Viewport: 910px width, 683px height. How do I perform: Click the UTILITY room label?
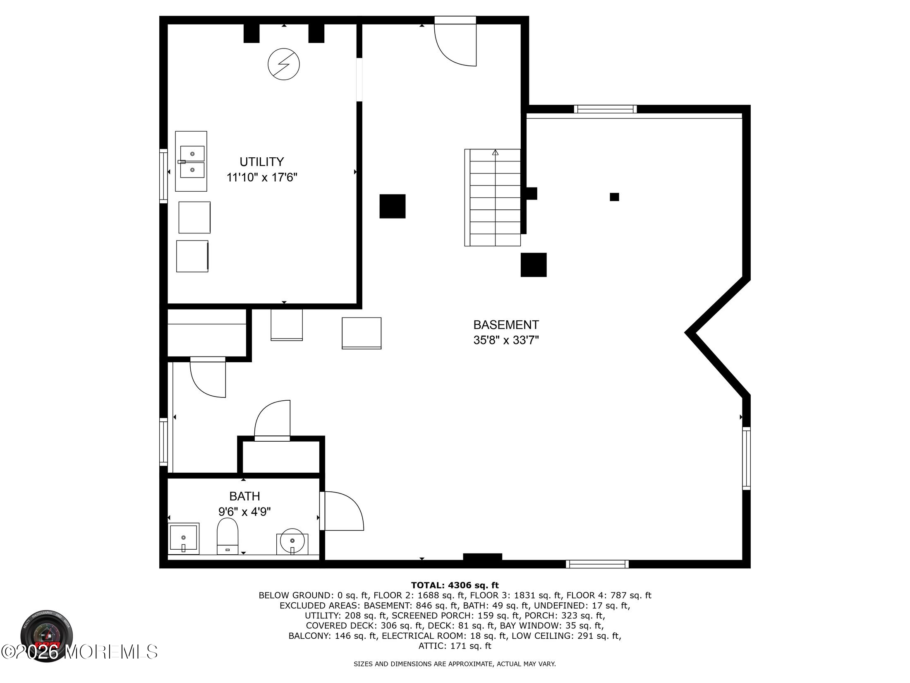(262, 161)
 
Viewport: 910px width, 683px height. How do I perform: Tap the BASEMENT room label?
(506, 325)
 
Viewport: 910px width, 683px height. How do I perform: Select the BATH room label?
(244, 496)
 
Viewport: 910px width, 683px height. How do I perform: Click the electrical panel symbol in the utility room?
(284, 65)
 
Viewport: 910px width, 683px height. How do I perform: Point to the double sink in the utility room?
(191, 161)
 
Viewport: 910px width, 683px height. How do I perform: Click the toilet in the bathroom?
(227, 536)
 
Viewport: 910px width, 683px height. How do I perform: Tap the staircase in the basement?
(493, 198)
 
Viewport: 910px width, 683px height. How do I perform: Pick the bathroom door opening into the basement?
(342, 511)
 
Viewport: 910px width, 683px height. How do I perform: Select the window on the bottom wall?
(597, 564)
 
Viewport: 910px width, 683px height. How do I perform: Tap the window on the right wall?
(746, 458)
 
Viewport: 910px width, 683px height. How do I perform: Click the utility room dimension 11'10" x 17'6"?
(262, 178)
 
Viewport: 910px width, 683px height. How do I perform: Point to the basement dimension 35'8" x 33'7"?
(506, 340)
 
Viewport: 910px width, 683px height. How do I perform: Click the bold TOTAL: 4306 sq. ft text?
(455, 585)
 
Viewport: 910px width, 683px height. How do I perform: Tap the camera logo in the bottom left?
(47, 635)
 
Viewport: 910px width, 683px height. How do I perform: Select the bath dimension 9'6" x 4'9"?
(244, 512)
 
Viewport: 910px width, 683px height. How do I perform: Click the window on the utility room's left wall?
(164, 176)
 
